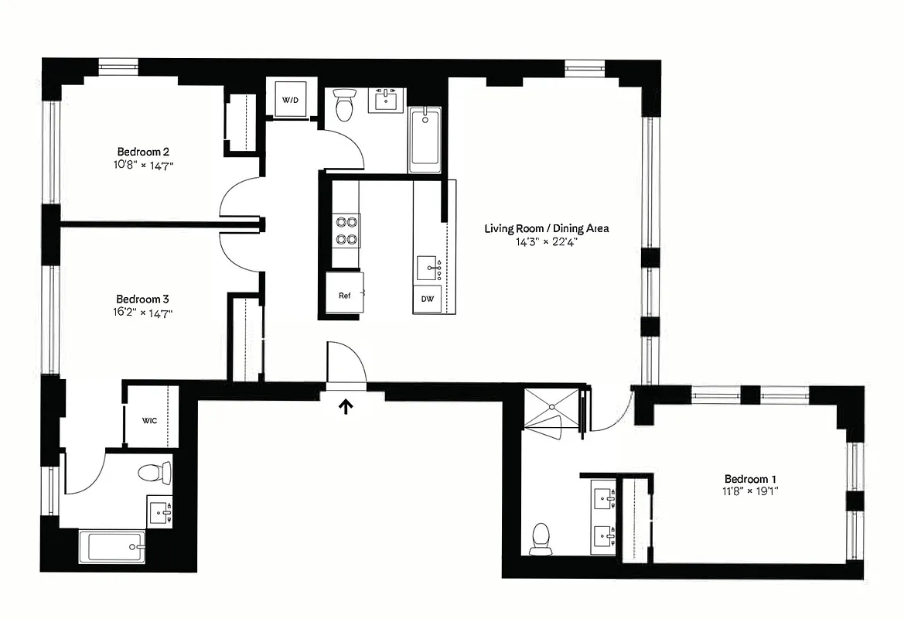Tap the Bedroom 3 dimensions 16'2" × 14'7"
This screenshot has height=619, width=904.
pos(143,313)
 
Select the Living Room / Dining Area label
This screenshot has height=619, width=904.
pos(547,228)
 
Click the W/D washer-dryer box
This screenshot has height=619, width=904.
pos(290,100)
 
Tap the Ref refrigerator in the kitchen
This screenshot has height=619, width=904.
pos(344,295)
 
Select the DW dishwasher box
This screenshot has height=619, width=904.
pos(428,299)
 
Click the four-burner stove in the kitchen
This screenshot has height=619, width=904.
pos(346,230)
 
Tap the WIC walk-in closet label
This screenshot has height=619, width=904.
pos(150,421)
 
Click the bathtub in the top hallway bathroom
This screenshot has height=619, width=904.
pos(425,140)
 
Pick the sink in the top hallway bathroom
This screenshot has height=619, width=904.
pos(387,100)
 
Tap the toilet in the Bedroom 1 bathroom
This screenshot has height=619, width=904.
pos(541,538)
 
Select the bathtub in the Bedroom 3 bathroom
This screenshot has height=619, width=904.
pos(112,547)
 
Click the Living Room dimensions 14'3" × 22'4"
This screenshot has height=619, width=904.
pos(547,241)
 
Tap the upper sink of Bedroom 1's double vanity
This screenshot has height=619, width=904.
pos(602,496)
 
